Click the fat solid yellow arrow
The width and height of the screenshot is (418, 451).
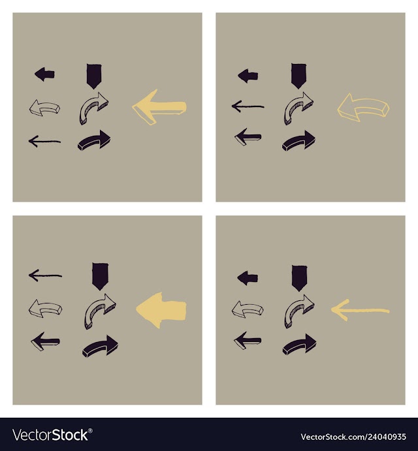[x=161, y=311]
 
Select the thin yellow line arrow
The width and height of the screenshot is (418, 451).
[x=360, y=310]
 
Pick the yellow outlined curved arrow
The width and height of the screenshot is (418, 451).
[x=363, y=107]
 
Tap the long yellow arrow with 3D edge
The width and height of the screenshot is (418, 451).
[x=159, y=107]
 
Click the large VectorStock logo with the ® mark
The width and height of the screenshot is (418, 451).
[x=52, y=435]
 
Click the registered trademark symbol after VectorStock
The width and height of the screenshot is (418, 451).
[x=90, y=431]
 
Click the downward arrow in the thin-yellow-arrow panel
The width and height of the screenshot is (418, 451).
[x=299, y=278]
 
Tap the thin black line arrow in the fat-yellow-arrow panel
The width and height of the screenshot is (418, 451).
[x=45, y=275]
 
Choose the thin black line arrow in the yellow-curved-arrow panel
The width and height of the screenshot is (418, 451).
[x=248, y=106]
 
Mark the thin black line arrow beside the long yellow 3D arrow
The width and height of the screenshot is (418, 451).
[x=44, y=141]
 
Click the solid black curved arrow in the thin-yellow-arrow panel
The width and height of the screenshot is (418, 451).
[x=299, y=345]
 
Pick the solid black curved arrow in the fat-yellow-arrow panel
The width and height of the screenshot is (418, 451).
[x=100, y=346]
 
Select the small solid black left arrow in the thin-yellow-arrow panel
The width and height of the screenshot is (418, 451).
[x=248, y=278]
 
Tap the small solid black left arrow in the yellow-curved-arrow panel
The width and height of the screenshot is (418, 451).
[x=248, y=76]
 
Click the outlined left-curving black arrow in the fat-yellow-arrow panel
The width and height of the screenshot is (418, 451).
[x=45, y=309]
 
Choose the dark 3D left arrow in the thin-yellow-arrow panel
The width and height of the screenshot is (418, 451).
[x=248, y=340]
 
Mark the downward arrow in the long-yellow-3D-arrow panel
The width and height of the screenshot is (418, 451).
[x=94, y=76]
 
